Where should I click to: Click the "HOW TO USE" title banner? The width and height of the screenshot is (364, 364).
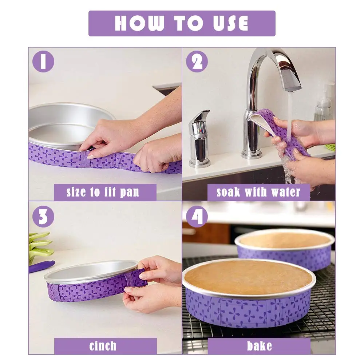[182, 23]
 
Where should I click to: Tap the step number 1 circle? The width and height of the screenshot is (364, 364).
[43, 62]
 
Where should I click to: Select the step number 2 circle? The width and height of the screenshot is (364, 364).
[197, 62]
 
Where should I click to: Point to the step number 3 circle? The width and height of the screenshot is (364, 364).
[43, 217]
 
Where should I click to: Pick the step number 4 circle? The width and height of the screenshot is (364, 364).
[197, 217]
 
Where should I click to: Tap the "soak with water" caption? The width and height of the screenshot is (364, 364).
[258, 192]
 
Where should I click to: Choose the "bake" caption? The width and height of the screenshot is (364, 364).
[259, 346]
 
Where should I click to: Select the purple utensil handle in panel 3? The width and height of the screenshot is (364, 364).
[42, 266]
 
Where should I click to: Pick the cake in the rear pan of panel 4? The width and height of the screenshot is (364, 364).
[285, 240]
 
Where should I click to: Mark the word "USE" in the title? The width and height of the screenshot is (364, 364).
[231, 23]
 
